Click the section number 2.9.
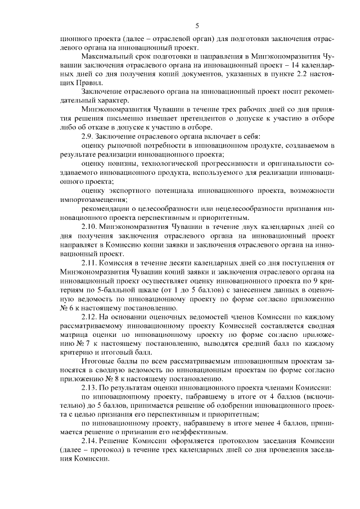point(89,137)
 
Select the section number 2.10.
point(91,226)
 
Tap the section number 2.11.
point(91,262)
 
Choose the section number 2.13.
point(91,388)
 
